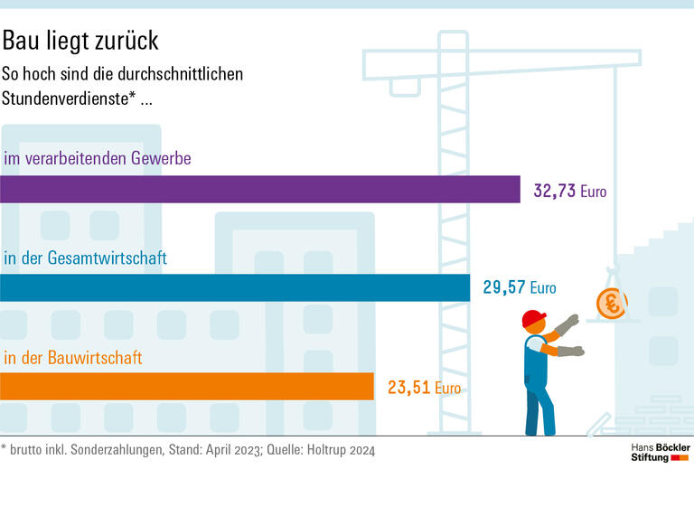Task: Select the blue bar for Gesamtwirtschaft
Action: pos(235,287)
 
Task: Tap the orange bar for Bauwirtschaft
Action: pos(186,386)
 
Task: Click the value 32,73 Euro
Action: pos(570,192)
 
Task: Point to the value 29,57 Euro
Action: pos(520,289)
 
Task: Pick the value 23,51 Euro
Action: pos(424,389)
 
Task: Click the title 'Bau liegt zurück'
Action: pos(80,41)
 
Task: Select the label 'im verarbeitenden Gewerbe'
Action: pos(98,159)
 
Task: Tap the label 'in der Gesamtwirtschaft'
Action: pos(86,258)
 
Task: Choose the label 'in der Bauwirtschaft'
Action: pos(73,358)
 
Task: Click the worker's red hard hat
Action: pos(534,318)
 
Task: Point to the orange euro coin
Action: pos(612,304)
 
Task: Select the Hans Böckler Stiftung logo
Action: pos(660,453)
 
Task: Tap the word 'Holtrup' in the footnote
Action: pos(322,449)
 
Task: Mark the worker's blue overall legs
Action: pos(539,407)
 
